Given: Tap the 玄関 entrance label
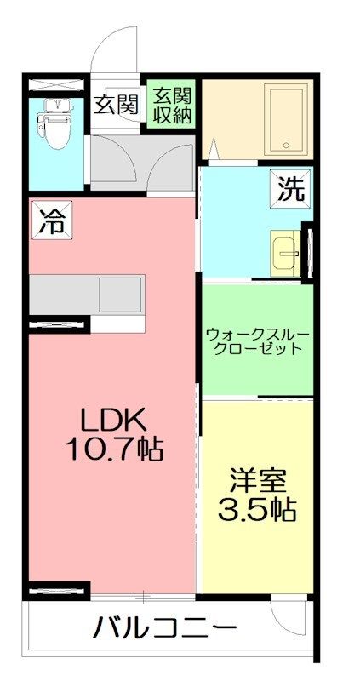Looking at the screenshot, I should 116,106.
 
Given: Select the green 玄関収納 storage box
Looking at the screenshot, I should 173,106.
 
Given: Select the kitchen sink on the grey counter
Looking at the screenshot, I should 120,295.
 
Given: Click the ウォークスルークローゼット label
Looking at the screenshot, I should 254,340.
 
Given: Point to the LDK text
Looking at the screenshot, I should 115,419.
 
